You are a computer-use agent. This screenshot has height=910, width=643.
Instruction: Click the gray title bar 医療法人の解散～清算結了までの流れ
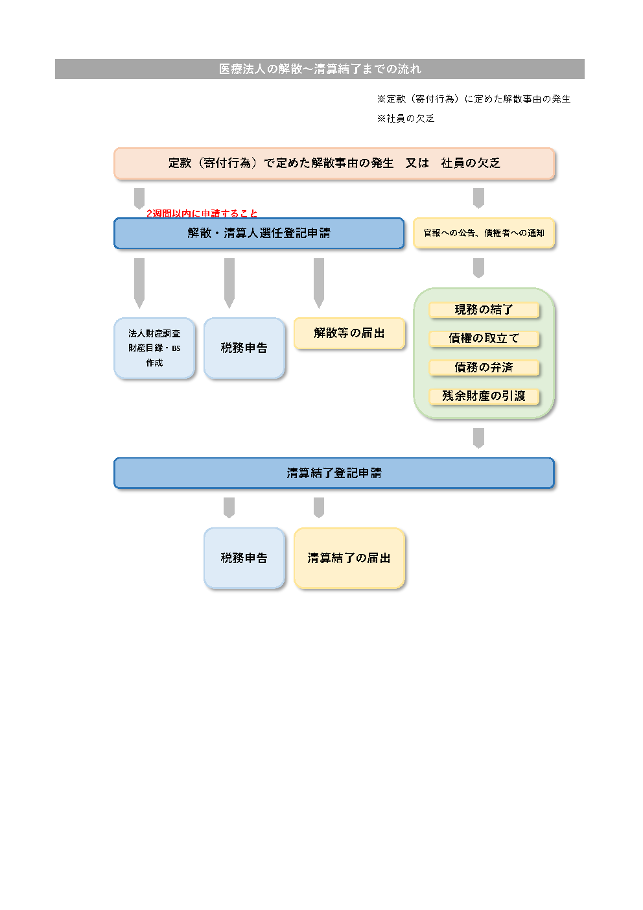coord(320,69)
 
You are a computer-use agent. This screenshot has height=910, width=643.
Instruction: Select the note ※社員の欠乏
coord(406,119)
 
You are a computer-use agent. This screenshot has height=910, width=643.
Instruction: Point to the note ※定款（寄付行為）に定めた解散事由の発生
coord(474,99)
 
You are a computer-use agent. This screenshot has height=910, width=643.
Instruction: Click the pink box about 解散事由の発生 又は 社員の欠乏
coord(334,163)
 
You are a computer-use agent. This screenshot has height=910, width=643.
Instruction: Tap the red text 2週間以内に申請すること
coord(202,213)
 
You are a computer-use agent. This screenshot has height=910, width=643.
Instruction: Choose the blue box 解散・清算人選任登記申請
coord(259,233)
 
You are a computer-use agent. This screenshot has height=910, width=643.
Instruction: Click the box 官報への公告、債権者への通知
coord(484,233)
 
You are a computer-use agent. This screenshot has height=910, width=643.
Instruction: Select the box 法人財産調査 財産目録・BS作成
coord(154,348)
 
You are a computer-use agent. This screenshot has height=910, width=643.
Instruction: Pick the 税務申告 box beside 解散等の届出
coord(244,348)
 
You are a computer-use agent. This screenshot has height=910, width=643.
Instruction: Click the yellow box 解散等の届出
coord(349,333)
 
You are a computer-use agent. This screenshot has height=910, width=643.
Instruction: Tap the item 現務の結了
coord(484,310)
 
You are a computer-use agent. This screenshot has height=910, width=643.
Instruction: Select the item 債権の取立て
coord(484,339)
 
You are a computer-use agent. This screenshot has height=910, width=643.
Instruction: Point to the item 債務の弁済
coord(484,368)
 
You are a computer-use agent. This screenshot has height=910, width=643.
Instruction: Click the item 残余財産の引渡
coord(484,396)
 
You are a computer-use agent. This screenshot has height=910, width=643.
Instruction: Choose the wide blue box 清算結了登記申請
coord(334,473)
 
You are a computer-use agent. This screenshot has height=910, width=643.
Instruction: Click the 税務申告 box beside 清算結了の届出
coord(244,558)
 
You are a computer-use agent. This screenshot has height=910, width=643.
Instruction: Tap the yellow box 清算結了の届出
coord(349,558)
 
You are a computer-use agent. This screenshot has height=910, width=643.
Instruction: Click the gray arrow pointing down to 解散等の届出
coord(319,283)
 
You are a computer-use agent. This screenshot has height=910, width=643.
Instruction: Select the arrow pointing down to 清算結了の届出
coord(319,507)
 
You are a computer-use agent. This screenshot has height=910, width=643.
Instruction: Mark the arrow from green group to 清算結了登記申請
coord(478,438)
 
